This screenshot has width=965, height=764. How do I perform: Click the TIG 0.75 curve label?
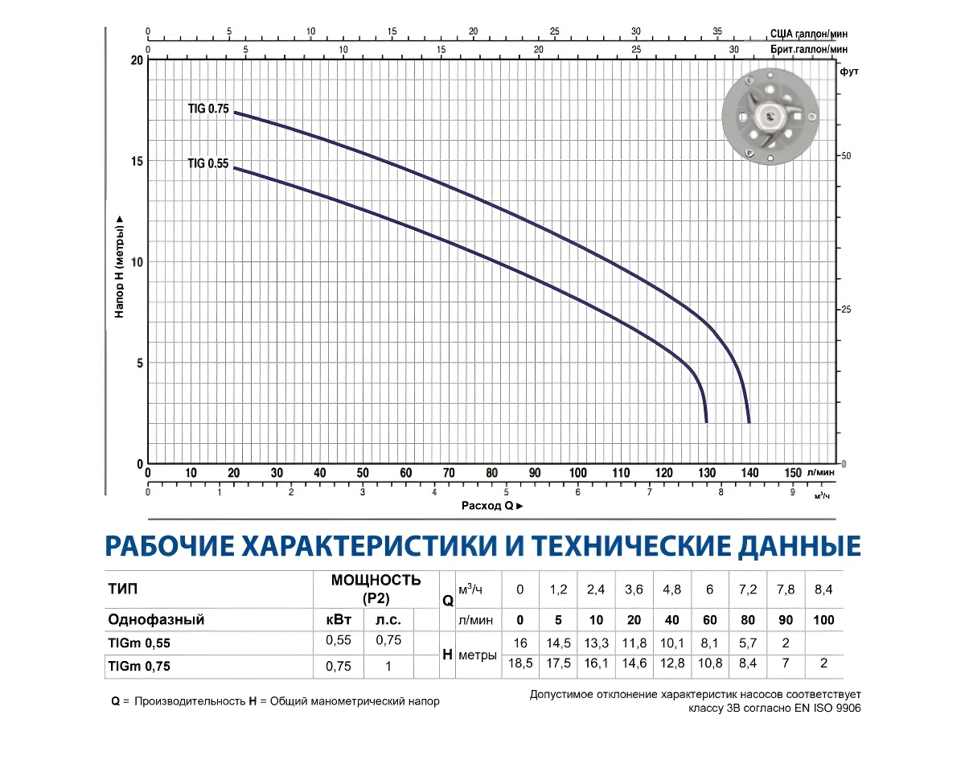click(x=208, y=109)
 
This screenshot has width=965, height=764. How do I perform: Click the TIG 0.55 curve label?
click(x=208, y=163)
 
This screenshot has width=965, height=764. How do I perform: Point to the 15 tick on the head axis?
click(x=136, y=161)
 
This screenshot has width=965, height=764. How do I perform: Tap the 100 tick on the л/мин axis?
click(x=577, y=473)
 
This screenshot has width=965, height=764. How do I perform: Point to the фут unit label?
click(x=849, y=72)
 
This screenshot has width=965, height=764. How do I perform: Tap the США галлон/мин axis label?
click(x=808, y=34)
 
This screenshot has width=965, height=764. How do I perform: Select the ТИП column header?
click(x=122, y=589)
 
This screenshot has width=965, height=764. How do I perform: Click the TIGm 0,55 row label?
click(x=138, y=643)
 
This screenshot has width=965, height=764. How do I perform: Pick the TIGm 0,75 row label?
click(x=138, y=666)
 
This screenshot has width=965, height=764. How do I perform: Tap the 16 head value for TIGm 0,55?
click(x=520, y=643)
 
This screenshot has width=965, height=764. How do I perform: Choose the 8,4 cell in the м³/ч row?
click(x=823, y=589)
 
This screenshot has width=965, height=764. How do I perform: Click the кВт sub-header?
click(x=338, y=620)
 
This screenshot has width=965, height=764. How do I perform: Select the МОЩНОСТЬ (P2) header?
click(x=376, y=589)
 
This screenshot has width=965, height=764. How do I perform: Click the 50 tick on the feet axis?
click(x=846, y=155)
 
